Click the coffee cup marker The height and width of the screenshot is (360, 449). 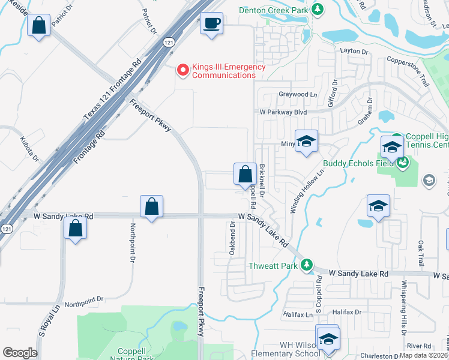211,24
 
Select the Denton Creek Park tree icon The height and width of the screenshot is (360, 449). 318,10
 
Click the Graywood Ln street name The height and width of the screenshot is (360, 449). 297,94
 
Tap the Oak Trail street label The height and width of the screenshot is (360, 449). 421,254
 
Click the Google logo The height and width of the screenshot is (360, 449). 20,353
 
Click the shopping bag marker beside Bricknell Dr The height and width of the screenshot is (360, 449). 245,175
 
